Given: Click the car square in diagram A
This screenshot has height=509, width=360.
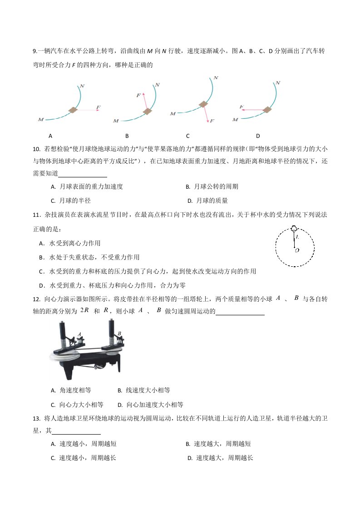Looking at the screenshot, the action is coord(73,110).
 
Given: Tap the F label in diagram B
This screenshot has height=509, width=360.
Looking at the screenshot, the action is coord(138,95).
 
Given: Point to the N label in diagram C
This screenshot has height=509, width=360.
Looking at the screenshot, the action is coord(216,78).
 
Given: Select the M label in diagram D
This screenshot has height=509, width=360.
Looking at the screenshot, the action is coord(235,120).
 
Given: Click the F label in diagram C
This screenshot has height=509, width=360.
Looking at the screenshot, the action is coord(212,121).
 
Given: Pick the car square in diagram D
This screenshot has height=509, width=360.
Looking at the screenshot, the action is coord(267,110).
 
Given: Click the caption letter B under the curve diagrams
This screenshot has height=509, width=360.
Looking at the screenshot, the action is coord(127,136).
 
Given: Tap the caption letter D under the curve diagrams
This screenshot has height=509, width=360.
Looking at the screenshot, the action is coord(258,136).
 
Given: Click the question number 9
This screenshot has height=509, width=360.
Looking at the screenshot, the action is coord(35,51).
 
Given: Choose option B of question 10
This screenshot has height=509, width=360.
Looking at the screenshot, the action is coord(212,186).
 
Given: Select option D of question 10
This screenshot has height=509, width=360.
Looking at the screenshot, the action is coord(207,201).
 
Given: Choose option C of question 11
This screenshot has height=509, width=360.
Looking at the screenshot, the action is coord(148,271).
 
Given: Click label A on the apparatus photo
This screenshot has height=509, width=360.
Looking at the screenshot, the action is coord(79,334).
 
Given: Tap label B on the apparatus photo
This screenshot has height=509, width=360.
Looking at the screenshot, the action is coord(119,333).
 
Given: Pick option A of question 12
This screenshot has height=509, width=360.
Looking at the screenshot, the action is coord(71,391).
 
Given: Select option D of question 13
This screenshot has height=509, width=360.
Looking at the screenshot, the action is coord(220,458).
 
